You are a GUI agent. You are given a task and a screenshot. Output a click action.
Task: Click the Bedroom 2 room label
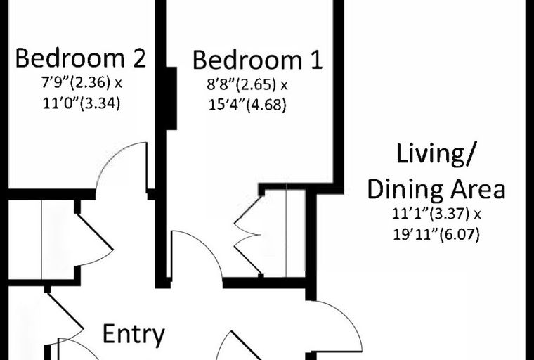tap(81, 58)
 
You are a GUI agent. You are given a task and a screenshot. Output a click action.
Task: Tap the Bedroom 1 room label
tap(257, 60)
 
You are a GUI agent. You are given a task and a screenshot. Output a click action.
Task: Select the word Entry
tap(133, 335)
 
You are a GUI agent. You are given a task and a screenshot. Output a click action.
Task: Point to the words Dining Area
tap(436, 189)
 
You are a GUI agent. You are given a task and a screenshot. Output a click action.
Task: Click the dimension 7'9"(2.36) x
tap(82, 83)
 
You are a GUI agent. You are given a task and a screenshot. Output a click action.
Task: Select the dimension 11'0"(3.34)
tap(82, 103)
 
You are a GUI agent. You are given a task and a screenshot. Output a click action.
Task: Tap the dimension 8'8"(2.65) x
tap(247, 84)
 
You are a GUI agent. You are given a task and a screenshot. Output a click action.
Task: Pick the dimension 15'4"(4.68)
tap(247, 105)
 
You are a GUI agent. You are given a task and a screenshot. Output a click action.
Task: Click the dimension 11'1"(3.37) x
tap(436, 214)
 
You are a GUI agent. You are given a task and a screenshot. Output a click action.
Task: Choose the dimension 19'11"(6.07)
tap(436, 235)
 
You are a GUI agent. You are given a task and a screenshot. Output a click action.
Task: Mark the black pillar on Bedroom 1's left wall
tap(171, 98)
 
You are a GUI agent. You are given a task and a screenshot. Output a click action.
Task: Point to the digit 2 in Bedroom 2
tap(140, 58)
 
